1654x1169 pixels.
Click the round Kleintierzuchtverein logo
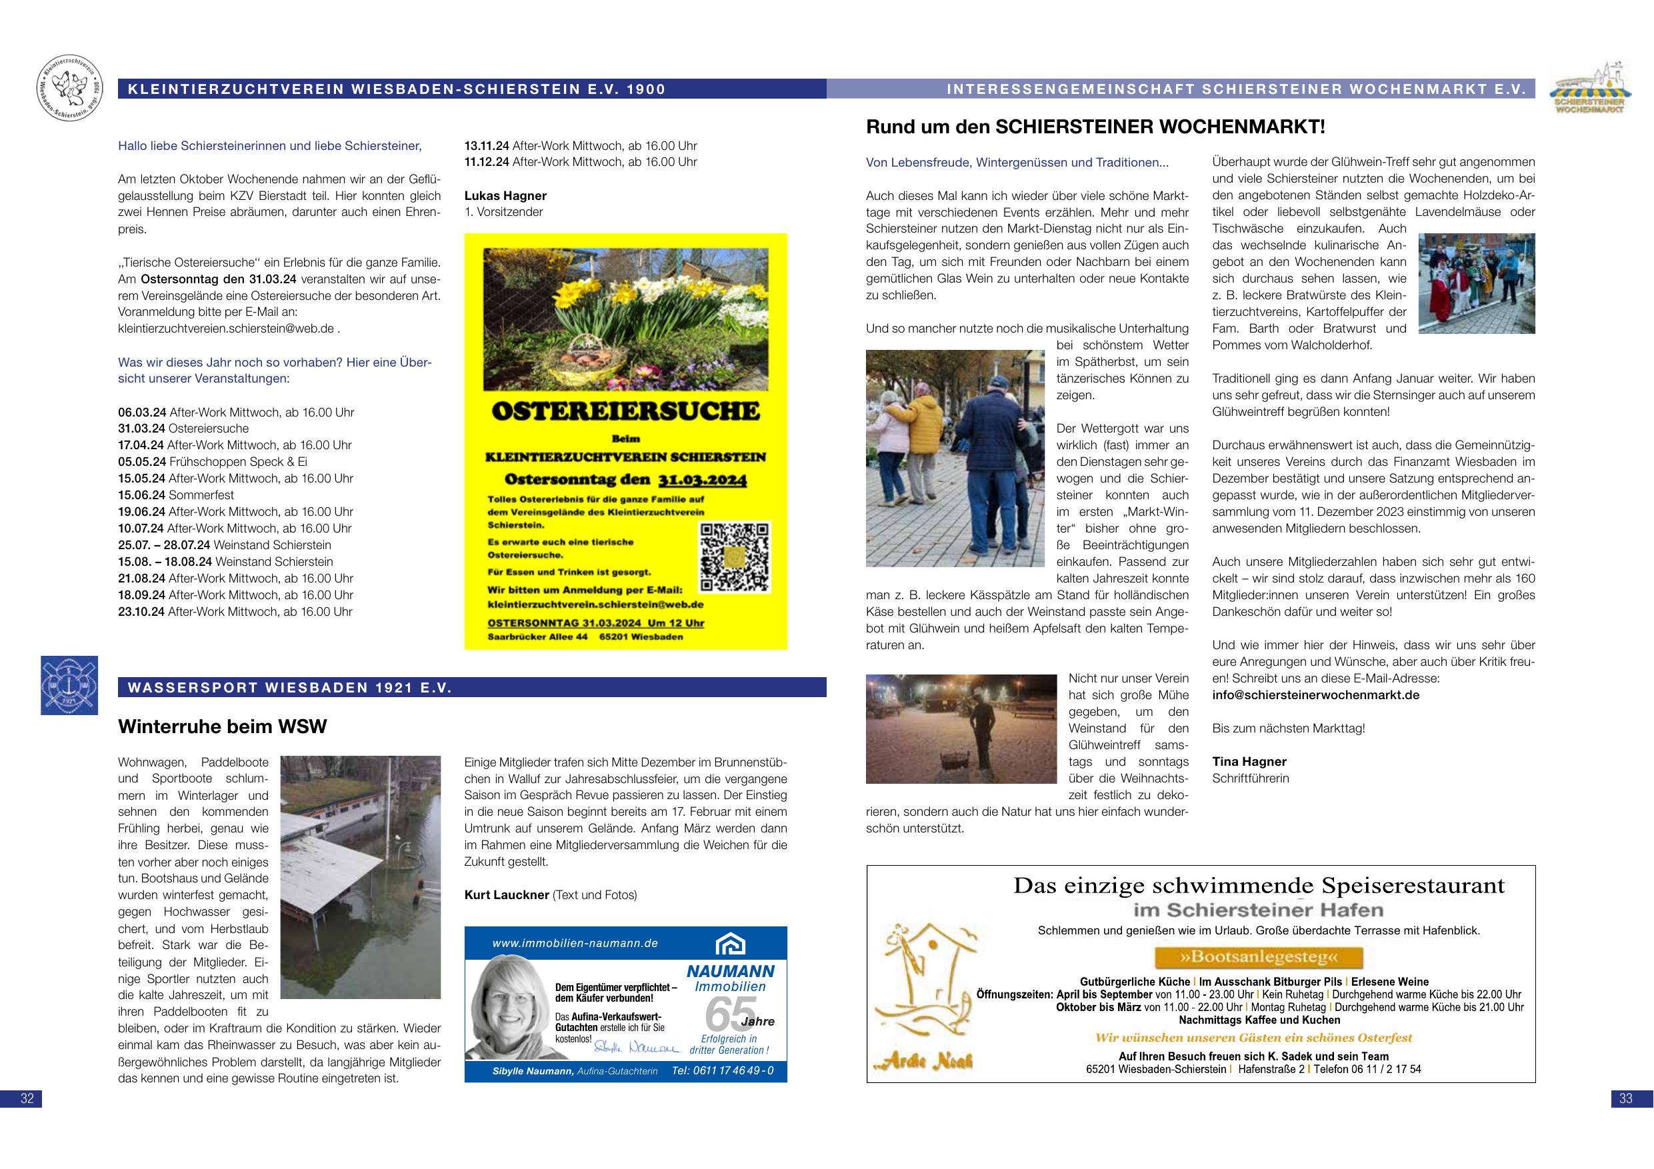tap(69, 89)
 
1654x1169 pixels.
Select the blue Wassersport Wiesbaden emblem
tap(69, 685)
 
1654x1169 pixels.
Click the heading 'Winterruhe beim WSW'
tap(223, 726)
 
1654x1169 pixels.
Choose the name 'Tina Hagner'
tap(1249, 761)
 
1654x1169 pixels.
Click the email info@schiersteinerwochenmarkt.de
tap(1315, 695)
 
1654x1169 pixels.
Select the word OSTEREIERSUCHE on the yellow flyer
tap(625, 411)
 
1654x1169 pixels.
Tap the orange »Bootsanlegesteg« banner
tap(1259, 957)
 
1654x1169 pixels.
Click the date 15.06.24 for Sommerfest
tap(142, 495)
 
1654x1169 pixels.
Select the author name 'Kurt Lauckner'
tap(507, 895)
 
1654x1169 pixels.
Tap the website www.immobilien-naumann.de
tap(575, 944)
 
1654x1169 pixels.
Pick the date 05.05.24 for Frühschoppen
tap(142, 462)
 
